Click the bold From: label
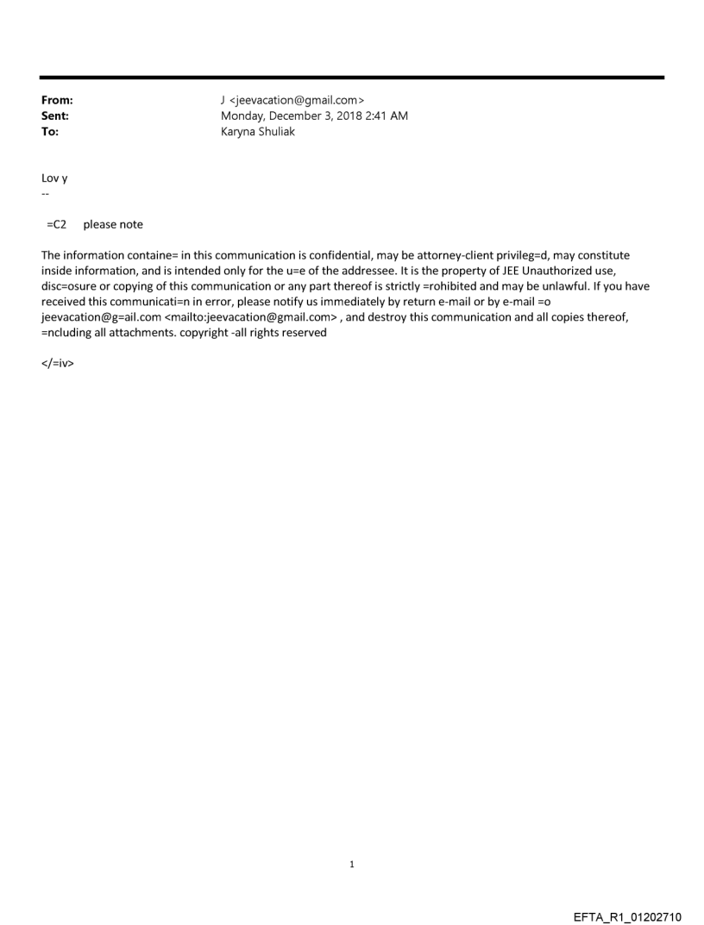[x=57, y=101]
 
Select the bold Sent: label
[x=55, y=116]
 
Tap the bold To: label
[x=50, y=132]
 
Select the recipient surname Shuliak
[x=274, y=132]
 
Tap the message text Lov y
[x=54, y=178]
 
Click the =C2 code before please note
[x=57, y=225]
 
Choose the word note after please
[x=129, y=225]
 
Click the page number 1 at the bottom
[x=352, y=865]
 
